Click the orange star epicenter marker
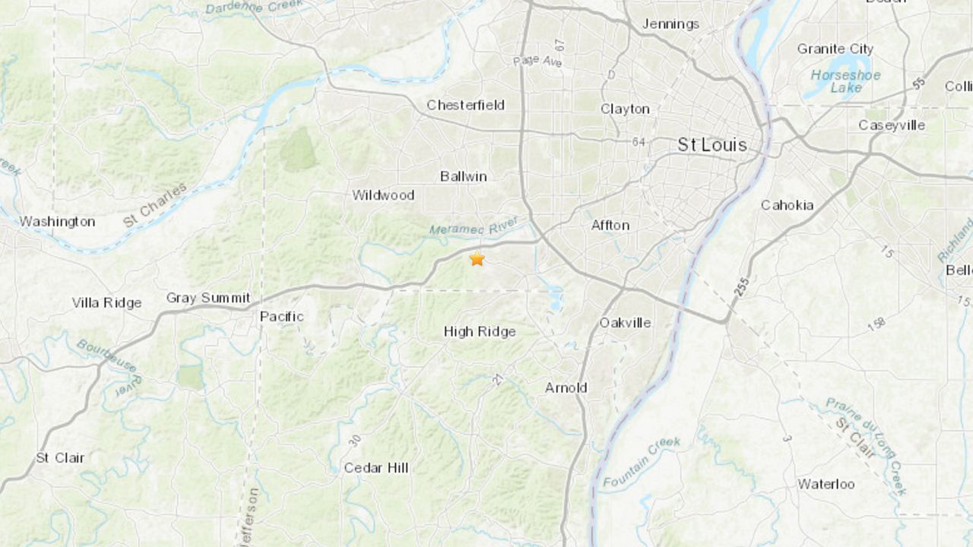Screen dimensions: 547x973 tap(477, 258)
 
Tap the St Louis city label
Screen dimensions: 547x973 tap(712, 144)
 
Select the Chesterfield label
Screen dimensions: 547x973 tap(465, 105)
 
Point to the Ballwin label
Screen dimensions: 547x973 tap(463, 176)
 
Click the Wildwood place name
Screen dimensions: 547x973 tap(383, 195)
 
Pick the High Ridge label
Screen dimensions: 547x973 tap(480, 331)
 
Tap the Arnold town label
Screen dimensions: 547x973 tap(566, 387)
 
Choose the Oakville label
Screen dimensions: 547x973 tap(625, 322)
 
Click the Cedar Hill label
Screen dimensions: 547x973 tap(376, 468)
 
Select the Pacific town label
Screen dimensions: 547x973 tap(281, 316)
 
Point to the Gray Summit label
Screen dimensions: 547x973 tap(208, 299)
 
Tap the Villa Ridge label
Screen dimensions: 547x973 tap(106, 302)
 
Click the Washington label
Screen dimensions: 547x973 tap(57, 222)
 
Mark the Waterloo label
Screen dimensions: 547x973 tap(826, 484)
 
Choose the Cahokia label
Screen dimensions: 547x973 tap(787, 205)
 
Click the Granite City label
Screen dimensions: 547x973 tap(835, 49)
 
